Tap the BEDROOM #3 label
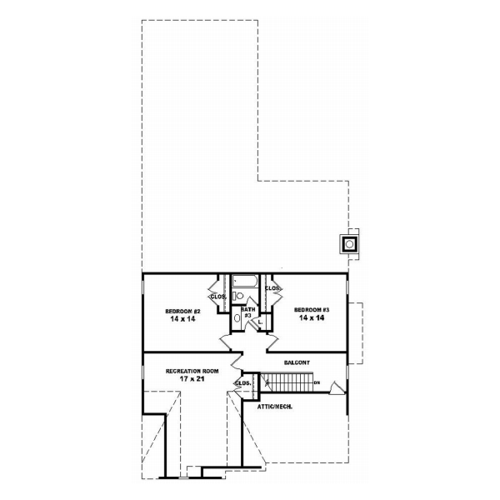pos(312,311)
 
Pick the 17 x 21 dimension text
pos(192,378)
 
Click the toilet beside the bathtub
pos(238,295)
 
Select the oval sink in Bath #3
pos(237,317)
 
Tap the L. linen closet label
pos(259,321)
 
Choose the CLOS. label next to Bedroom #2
pos(219,296)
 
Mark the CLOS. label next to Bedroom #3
pos(272,288)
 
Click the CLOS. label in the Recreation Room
pos(243,383)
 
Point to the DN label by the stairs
pos(317,382)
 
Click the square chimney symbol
pos(350,243)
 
